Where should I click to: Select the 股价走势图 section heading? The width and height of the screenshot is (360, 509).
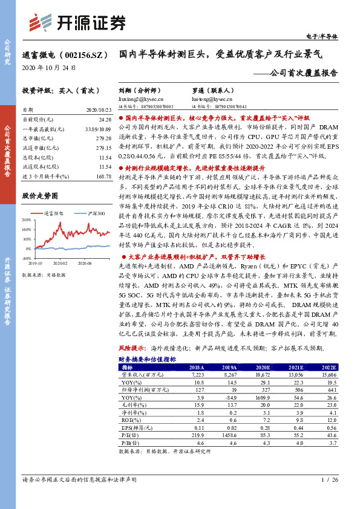tap(40, 196)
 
